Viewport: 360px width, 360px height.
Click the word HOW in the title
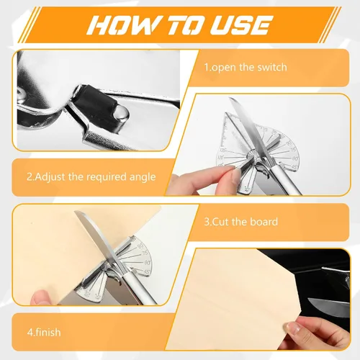tap(122, 24)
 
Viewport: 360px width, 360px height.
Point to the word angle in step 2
tap(143, 178)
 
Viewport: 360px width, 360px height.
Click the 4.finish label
tap(44, 333)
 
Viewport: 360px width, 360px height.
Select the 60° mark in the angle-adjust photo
tap(295, 158)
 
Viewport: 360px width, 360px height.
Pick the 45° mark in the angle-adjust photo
tap(294, 166)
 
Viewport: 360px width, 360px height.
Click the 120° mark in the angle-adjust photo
tap(221, 158)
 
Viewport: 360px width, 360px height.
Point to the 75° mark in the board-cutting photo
tap(145, 253)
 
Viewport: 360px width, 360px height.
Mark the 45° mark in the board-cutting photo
tap(148, 272)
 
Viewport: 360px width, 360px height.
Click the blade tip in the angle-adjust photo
tap(230, 98)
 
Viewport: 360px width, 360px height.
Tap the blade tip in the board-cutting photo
tap(75, 212)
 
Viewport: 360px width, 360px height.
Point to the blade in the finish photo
tap(329, 305)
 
